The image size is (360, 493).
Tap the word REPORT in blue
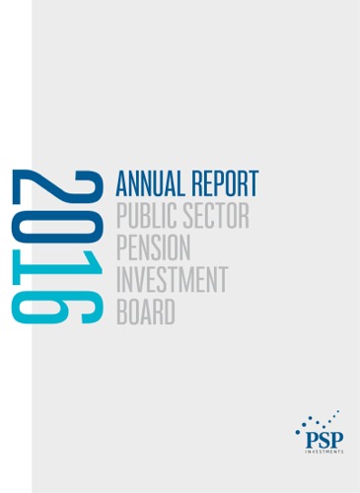click(224, 183)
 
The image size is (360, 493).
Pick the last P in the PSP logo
click(335, 432)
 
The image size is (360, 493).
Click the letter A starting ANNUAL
click(122, 183)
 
